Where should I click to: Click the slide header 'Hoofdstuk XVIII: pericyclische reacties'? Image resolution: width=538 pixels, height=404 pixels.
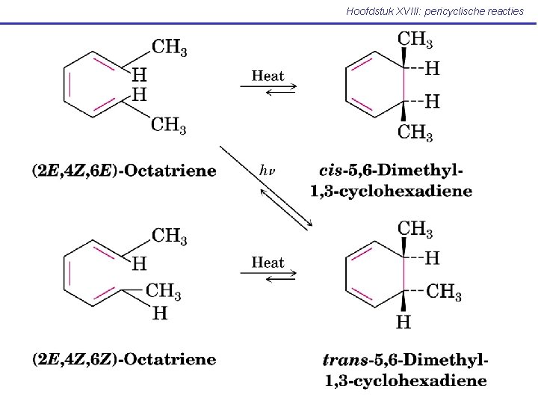435,11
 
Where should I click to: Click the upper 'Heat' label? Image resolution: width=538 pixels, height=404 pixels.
268,75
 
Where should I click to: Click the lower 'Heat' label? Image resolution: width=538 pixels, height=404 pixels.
268,263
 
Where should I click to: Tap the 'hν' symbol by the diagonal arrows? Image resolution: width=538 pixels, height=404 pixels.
267,170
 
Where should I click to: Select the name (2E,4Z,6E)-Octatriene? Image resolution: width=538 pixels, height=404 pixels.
124,171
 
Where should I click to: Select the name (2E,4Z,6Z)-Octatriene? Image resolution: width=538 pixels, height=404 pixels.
124,360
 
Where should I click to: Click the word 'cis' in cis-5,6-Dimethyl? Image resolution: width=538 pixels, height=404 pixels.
332,171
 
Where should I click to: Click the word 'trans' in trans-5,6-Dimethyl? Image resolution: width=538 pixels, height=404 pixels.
344,361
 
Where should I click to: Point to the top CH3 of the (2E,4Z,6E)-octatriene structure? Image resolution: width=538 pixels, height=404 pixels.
170,47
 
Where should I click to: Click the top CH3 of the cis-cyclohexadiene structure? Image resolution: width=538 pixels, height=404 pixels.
415,39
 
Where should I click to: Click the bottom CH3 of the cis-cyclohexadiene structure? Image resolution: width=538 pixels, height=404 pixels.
415,133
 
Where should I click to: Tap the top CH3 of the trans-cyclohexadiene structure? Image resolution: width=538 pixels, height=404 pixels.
415,227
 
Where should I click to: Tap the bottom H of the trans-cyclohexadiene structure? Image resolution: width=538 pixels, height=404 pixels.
403,322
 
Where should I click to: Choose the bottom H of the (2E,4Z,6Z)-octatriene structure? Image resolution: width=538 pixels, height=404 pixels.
160,313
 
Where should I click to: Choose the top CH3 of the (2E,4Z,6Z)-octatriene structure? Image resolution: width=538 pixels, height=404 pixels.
170,236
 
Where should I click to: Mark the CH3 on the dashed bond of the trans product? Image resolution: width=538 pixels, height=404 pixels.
444,291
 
